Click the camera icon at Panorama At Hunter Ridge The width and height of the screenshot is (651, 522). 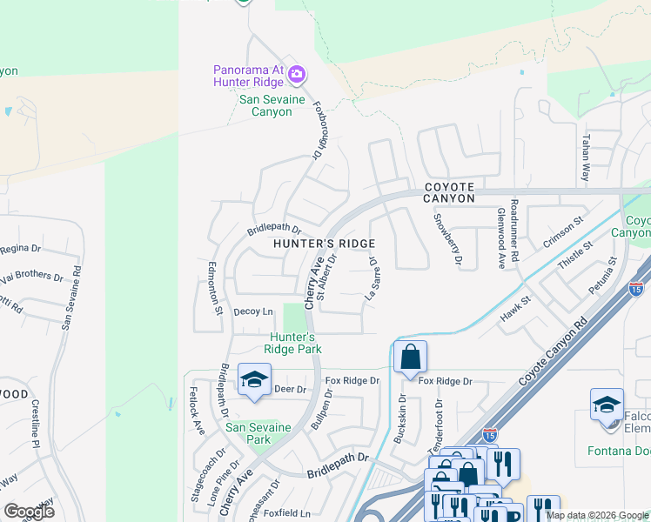297,74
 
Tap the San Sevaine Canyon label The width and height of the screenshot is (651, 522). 272,106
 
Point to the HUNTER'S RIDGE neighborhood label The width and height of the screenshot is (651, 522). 325,244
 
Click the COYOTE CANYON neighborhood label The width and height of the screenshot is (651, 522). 450,192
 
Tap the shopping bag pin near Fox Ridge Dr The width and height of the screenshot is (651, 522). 410,358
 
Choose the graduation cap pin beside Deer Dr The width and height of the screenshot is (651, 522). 254,381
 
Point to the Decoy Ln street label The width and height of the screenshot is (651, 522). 253,311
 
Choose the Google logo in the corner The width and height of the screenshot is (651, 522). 30,512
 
